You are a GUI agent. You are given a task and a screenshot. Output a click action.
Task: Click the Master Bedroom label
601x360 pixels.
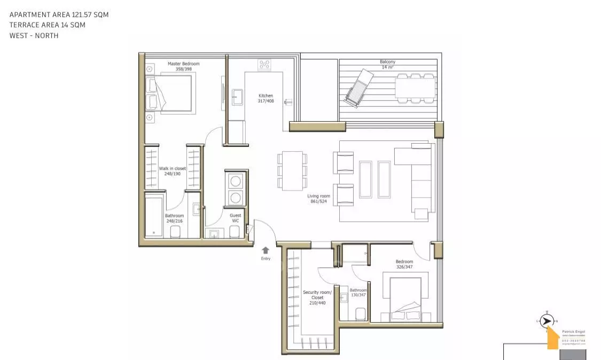(183, 66)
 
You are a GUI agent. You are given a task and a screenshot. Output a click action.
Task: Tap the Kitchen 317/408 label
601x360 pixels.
(266, 98)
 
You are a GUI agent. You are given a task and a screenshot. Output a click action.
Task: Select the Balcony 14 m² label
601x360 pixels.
(387, 64)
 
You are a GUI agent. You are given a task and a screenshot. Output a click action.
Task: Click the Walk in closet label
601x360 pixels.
(173, 171)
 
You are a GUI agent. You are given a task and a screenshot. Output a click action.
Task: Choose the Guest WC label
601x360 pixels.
(235, 218)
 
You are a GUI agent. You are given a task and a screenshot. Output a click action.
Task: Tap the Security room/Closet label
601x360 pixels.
(317, 298)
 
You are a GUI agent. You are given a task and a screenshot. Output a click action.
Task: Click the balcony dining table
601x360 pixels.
(415, 88)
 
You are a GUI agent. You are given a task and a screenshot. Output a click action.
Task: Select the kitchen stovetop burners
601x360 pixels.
(264, 65)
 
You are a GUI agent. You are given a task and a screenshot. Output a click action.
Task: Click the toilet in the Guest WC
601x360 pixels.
(234, 231)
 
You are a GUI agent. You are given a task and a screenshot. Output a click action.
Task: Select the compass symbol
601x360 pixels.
(546, 320)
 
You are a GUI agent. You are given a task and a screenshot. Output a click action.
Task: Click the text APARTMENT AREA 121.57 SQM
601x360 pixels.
(59, 15)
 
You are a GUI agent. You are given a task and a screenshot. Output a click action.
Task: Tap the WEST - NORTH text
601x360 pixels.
(34, 36)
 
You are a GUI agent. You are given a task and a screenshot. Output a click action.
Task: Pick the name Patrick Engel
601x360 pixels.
(573, 332)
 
